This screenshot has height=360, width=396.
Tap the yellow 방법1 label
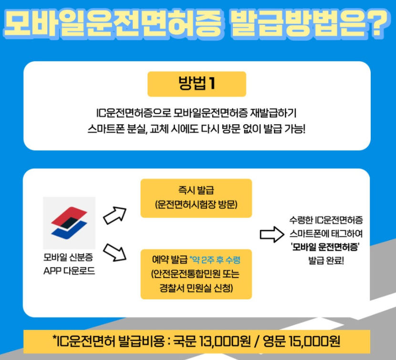point(197,84)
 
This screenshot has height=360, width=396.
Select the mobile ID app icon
point(69,222)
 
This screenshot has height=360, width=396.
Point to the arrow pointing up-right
point(115,215)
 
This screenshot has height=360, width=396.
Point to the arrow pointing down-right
point(115,252)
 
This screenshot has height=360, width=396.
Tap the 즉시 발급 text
point(196,191)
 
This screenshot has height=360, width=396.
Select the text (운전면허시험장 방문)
point(196,205)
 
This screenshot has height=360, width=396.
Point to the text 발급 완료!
point(326,261)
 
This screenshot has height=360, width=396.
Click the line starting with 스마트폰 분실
point(197,129)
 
